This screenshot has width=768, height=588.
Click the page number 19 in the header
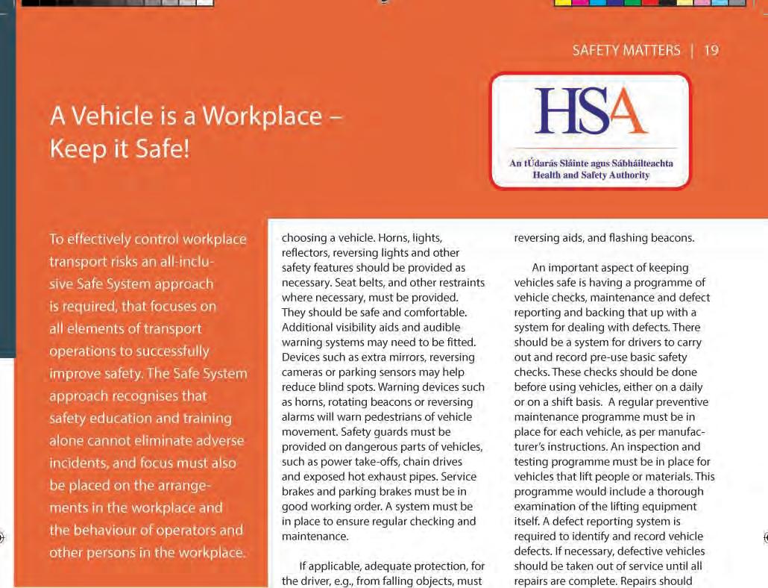[x=711, y=51]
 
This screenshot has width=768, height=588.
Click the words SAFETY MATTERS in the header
[x=626, y=51]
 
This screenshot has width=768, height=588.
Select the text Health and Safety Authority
[x=591, y=175]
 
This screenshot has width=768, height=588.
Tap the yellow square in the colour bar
[x=564, y=3]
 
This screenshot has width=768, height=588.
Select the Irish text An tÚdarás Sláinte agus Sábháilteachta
[x=591, y=163]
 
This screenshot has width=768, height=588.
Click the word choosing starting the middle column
[x=305, y=239]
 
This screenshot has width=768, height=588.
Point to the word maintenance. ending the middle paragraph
[x=315, y=536]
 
